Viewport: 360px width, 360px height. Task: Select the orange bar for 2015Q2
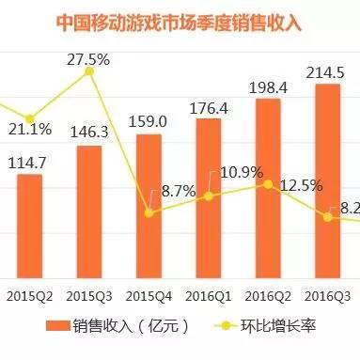(x=29, y=226)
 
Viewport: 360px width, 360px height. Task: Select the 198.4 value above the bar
(x=268, y=86)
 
